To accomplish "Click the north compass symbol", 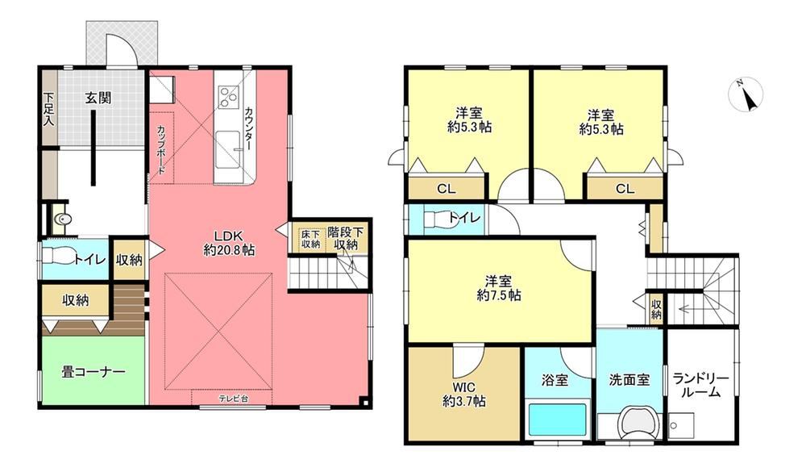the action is [746, 94].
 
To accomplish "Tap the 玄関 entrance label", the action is [98, 98].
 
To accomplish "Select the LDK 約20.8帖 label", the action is [229, 243].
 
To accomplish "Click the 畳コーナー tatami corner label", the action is [93, 372].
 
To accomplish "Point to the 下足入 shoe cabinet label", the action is [49, 109].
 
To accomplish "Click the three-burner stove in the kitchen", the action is [228, 96].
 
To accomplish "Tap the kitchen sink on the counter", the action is [228, 149].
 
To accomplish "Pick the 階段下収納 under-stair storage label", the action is [346, 238].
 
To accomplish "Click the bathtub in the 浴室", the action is [557, 420].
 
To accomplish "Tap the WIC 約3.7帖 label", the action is [464, 395].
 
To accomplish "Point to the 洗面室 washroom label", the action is [629, 380].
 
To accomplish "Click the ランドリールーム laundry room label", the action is [700, 385].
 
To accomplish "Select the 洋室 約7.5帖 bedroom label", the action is [499, 288].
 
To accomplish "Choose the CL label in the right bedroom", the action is [625, 189].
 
